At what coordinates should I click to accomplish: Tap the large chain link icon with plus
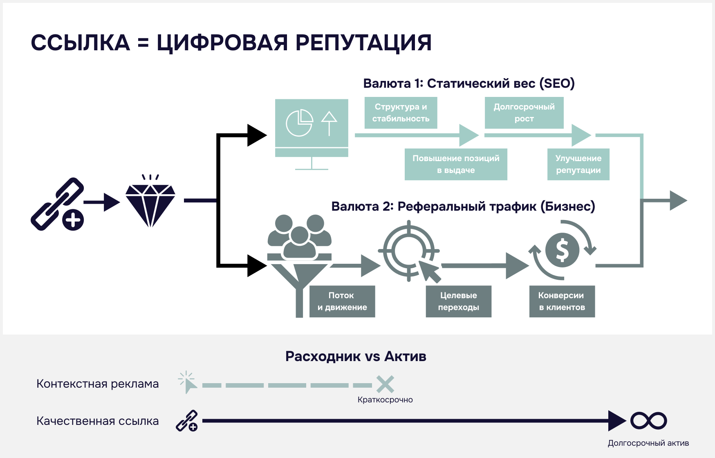click(58, 204)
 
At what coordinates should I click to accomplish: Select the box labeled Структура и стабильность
click(401, 113)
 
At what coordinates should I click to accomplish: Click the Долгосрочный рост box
click(524, 113)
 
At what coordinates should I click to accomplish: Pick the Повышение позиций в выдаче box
click(456, 164)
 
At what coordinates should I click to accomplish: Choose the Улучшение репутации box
click(578, 164)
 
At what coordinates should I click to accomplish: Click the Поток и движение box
click(342, 301)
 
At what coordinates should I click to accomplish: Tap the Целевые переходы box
click(458, 301)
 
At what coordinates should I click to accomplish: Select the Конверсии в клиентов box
click(562, 301)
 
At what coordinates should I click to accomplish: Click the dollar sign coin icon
click(563, 250)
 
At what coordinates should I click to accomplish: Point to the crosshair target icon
click(408, 250)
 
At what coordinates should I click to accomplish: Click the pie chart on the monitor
click(299, 123)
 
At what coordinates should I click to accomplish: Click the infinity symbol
click(648, 421)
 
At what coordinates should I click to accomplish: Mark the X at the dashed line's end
click(385, 384)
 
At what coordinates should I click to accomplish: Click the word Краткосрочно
click(385, 400)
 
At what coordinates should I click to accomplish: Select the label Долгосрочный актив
click(648, 443)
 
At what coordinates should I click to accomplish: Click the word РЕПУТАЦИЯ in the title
click(363, 43)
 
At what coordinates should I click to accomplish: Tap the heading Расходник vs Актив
click(356, 356)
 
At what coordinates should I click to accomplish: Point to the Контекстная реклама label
click(97, 384)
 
